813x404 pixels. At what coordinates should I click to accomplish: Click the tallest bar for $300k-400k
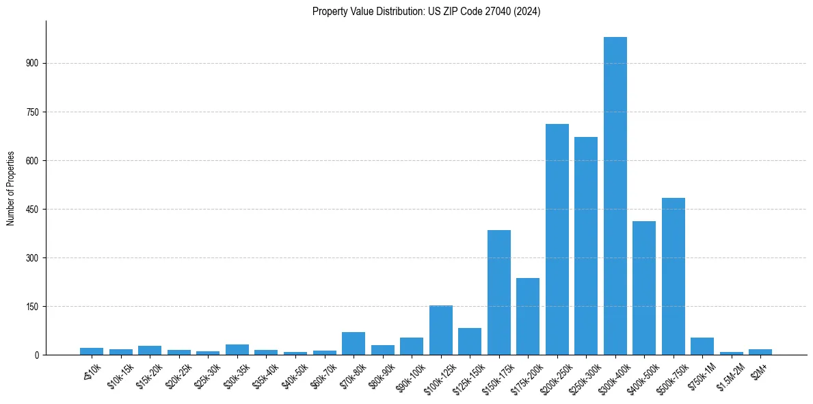pyautogui.click(x=615, y=196)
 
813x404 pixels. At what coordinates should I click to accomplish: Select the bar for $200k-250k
pyautogui.click(x=557, y=240)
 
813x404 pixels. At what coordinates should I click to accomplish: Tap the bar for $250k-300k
pyautogui.click(x=586, y=246)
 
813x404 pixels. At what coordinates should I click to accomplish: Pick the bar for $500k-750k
pyautogui.click(x=673, y=276)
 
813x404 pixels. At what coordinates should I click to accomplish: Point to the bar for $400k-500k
pyautogui.click(x=644, y=288)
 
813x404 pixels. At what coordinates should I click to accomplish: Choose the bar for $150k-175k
pyautogui.click(x=498, y=292)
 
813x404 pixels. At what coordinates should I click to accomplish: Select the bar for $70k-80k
pyautogui.click(x=354, y=343)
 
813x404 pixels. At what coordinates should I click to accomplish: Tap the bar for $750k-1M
pyautogui.click(x=702, y=346)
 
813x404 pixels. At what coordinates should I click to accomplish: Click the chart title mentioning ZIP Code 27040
pyautogui.click(x=426, y=12)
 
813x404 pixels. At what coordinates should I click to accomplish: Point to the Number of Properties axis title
pyautogui.click(x=11, y=188)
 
